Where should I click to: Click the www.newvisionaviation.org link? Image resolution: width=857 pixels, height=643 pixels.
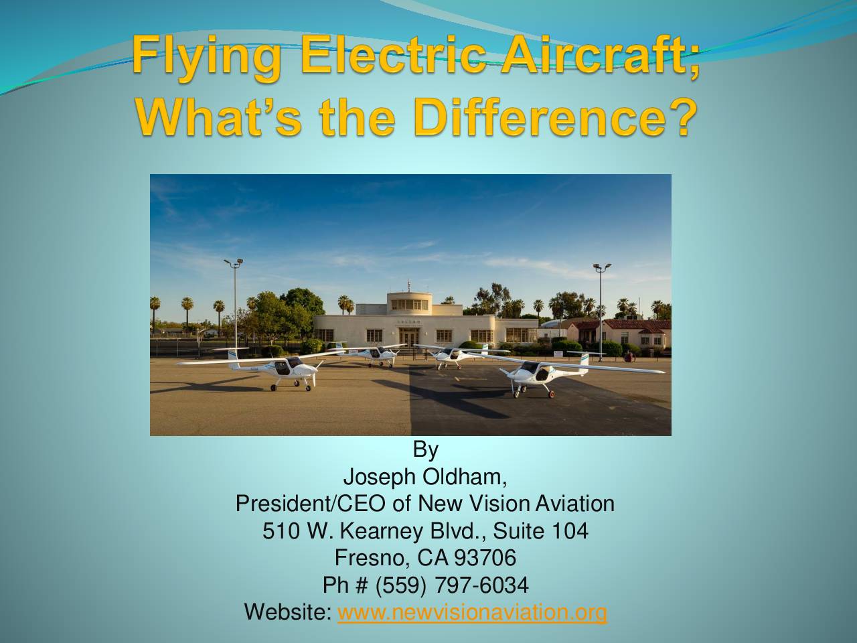click(x=472, y=612)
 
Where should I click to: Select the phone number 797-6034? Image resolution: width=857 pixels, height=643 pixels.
click(x=482, y=585)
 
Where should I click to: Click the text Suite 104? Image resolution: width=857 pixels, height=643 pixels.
click(x=541, y=531)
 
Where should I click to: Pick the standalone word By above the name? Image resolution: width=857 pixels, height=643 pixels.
click(x=426, y=451)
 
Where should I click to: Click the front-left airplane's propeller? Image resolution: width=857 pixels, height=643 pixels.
click(x=314, y=374)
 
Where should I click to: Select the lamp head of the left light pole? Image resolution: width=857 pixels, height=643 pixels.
click(x=234, y=263)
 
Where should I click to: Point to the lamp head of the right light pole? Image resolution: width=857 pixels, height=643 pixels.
click(x=602, y=267)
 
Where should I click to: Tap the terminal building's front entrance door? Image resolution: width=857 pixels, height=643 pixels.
click(x=409, y=339)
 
